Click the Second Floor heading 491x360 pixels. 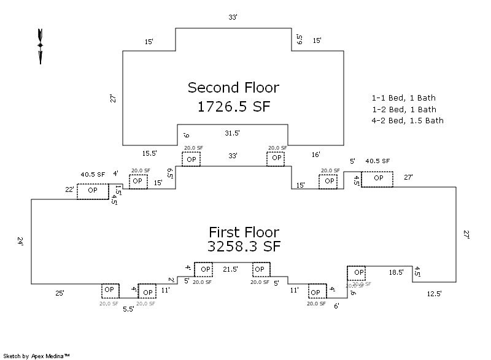pos(233,87)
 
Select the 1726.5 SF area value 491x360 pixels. pos(233,107)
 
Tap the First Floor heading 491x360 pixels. pos(244,232)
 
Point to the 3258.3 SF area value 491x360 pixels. pos(244,247)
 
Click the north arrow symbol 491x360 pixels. pos(41,45)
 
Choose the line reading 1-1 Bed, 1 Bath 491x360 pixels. pos(403,98)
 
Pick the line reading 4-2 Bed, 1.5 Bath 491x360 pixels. pos(407,121)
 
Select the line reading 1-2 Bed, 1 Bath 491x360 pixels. pos(403,109)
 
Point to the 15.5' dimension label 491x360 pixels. pos(150,153)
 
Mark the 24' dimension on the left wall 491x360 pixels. pos(20,242)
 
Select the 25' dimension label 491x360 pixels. pos(60,293)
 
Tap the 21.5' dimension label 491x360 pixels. pos(230,269)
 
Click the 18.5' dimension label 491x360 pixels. pos(396,271)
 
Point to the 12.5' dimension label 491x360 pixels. pos(434,294)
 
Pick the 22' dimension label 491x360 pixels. pos(69,190)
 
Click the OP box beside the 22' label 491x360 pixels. pos(93,190)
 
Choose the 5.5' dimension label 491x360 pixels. pos(128,309)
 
